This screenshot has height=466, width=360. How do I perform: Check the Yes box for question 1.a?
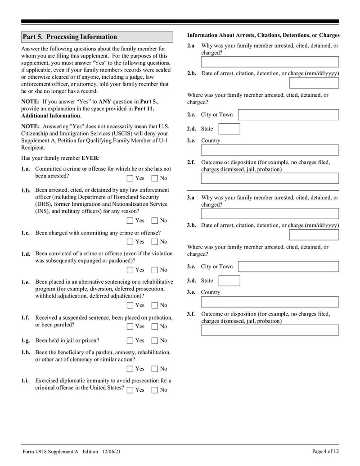(x=130, y=178)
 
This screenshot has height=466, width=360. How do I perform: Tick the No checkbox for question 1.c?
(x=155, y=242)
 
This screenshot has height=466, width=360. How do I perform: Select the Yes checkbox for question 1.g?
(x=130, y=341)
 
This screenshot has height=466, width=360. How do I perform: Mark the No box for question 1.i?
(x=155, y=390)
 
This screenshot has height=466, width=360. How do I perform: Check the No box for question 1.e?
(x=155, y=305)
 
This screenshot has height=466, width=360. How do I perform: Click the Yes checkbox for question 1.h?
(x=130, y=369)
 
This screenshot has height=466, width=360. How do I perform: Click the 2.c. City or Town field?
(x=288, y=114)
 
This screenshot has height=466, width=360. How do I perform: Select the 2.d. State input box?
(x=229, y=129)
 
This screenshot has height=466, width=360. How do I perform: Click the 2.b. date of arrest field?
(x=314, y=83)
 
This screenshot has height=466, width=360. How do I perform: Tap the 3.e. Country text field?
(x=270, y=302)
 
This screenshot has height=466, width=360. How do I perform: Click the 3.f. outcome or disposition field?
(x=270, y=330)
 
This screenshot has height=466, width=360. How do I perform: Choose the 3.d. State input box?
(x=229, y=281)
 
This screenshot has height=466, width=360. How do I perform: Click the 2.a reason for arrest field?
(x=270, y=62)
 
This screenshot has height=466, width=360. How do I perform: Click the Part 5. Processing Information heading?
(x=70, y=37)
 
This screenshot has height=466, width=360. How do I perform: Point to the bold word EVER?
(x=90, y=158)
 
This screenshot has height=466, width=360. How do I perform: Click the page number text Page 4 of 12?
(x=325, y=452)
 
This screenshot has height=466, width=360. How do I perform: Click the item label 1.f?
(x=25, y=317)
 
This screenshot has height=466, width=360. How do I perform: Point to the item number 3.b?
(x=192, y=225)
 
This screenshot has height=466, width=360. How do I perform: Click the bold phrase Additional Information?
(x=51, y=116)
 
